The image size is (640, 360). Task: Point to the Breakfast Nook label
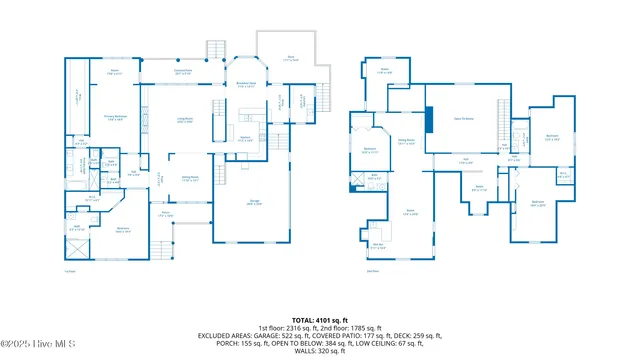tap(246, 86)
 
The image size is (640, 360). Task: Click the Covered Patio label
tap(183, 72)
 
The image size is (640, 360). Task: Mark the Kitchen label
tap(245, 140)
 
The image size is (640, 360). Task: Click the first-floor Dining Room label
tap(188, 180)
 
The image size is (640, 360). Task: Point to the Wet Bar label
tap(379, 246)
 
